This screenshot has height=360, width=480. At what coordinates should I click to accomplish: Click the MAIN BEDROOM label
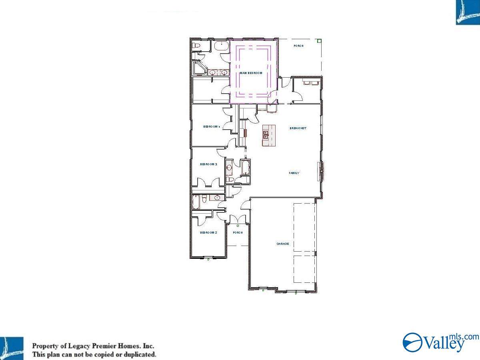click(x=251, y=73)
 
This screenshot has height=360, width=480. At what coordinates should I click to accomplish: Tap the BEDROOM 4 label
click(x=212, y=127)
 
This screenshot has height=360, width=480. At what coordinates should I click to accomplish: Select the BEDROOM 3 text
click(x=208, y=164)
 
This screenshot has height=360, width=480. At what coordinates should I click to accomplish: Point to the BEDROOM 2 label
click(x=208, y=232)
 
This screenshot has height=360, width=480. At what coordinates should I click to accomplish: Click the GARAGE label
click(x=283, y=244)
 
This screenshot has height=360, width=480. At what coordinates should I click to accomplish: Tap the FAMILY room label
click(x=294, y=173)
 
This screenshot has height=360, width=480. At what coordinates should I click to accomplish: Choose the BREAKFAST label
click(x=298, y=128)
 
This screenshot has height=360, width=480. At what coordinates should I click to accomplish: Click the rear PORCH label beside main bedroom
click(x=298, y=46)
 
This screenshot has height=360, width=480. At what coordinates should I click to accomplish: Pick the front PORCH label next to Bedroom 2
click(x=238, y=232)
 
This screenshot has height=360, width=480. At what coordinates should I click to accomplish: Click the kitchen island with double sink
click(x=269, y=135)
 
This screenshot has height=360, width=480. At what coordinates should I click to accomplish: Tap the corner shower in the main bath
click(x=198, y=68)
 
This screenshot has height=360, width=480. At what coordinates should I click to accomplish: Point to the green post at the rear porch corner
click(x=319, y=40)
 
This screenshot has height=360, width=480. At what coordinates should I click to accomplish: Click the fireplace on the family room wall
click(x=320, y=171)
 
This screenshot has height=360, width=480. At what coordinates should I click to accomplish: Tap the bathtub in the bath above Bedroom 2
click(x=196, y=202)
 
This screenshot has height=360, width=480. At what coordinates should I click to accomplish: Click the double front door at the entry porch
click(x=238, y=220)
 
